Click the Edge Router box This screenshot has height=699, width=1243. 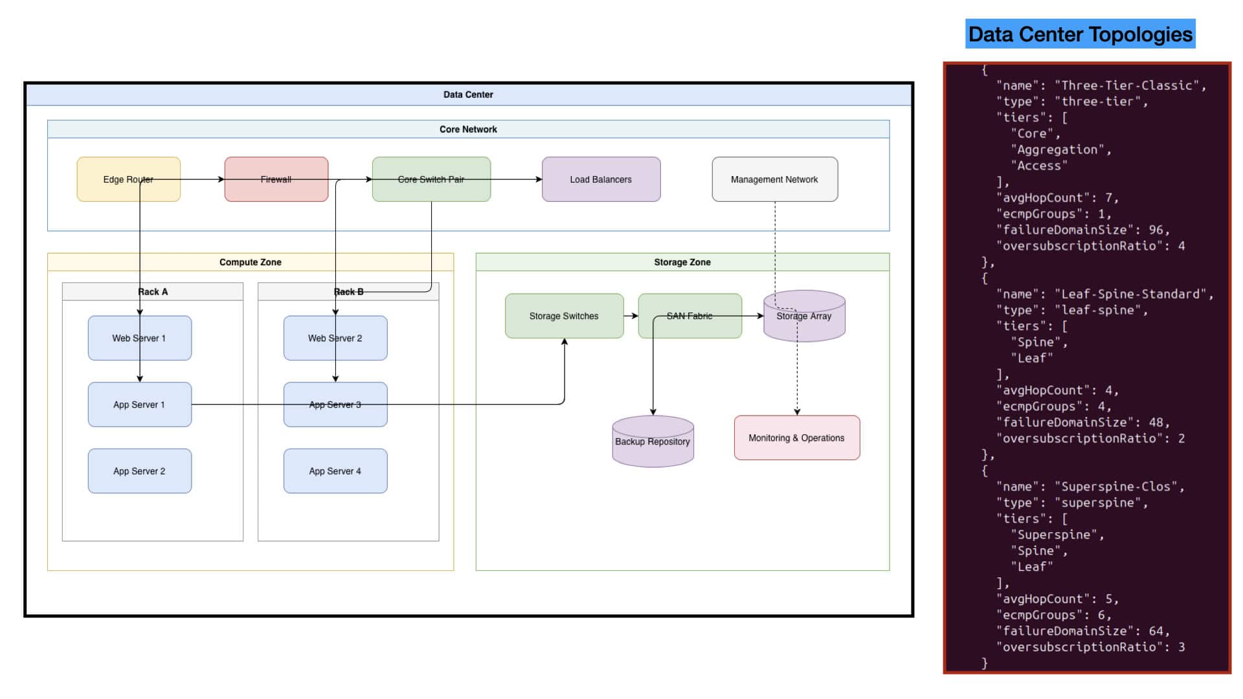[128, 179]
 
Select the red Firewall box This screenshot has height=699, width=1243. [276, 179]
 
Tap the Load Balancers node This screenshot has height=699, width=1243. [601, 179]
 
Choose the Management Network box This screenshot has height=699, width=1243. [774, 179]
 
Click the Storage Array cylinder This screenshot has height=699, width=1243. [804, 316]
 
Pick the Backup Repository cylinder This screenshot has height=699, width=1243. [653, 441]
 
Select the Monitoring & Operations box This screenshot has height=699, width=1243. [797, 438]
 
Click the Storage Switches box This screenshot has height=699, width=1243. [564, 316]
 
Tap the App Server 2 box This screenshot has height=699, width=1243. [139, 471]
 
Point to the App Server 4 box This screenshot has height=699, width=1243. [335, 471]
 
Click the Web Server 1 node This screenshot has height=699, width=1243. [139, 338]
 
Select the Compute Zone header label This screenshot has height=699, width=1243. [251, 262]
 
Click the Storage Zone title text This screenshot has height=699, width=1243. [682, 262]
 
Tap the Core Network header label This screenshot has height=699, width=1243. [468, 129]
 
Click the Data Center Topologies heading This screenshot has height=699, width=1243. [1081, 34]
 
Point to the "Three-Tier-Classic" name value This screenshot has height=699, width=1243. [1130, 85]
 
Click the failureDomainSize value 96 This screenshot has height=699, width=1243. [1156, 230]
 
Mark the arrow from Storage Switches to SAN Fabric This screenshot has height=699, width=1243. [631, 316]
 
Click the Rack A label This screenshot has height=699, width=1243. [153, 292]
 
